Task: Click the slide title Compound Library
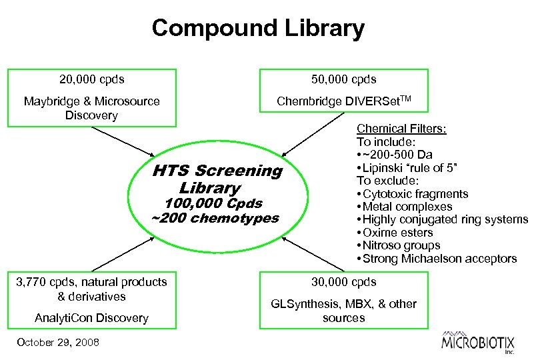(258, 28)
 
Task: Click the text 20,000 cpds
(91, 79)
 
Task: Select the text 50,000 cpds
(344, 79)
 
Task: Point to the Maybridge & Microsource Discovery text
(91, 108)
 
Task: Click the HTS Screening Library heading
(217, 179)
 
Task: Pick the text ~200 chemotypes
(215, 218)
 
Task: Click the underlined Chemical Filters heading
(401, 128)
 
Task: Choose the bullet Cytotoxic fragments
(413, 194)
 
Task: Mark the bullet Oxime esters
(396, 233)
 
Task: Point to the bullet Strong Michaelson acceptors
(438, 259)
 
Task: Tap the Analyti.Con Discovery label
(91, 318)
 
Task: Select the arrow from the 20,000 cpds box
(126, 143)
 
